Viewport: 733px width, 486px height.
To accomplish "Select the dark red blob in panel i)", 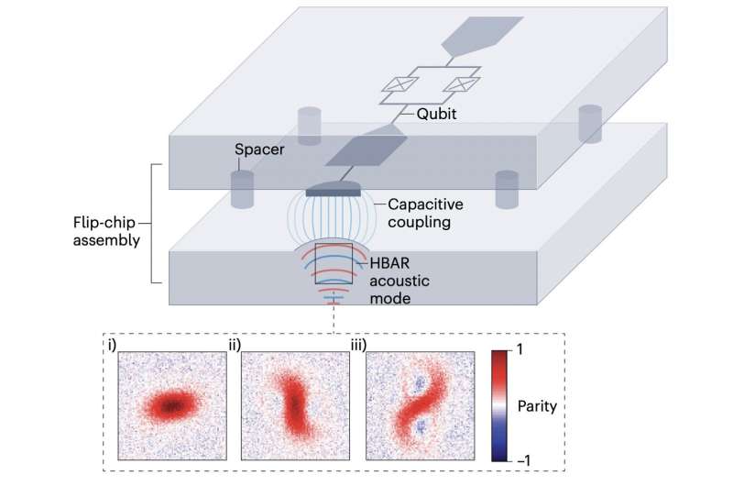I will tap(169, 403).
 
